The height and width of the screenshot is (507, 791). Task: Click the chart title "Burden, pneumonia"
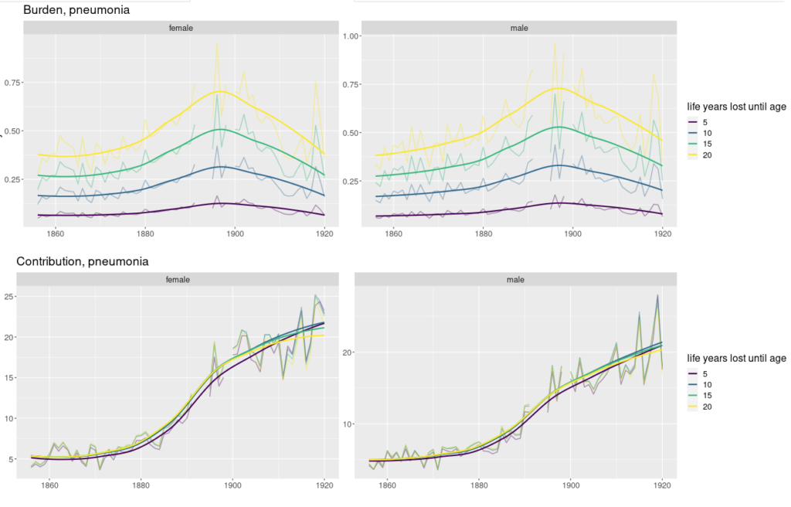[x=76, y=10]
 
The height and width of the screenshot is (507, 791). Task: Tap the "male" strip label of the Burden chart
[x=519, y=28]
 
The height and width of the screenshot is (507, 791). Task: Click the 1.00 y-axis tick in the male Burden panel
[x=352, y=36]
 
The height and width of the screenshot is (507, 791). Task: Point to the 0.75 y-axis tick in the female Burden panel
[x=13, y=83]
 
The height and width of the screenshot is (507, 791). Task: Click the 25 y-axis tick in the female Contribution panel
[x=11, y=297]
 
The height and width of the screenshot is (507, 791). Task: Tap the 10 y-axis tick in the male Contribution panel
[x=349, y=424]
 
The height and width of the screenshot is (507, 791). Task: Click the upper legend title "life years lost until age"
[x=736, y=107]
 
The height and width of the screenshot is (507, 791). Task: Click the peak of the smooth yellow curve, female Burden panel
[x=221, y=91]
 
